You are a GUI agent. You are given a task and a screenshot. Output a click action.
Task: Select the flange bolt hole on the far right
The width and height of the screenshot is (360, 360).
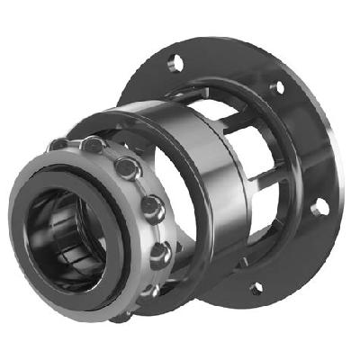click(316, 209)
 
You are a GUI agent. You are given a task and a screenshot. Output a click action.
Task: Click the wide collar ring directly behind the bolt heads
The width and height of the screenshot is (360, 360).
click(135, 135)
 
